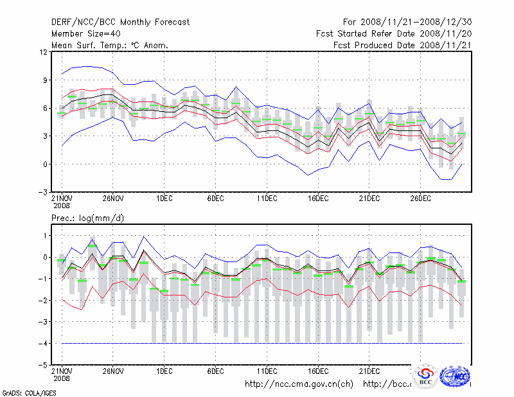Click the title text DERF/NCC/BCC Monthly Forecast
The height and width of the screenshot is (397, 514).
coord(120,22)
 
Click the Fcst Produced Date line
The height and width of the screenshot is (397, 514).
coord(403,45)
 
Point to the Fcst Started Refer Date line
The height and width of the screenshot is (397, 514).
coord(394,33)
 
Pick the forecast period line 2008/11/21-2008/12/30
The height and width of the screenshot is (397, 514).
coord(407,22)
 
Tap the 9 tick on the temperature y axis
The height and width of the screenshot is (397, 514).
coord(44,80)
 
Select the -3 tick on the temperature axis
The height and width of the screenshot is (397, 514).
coord(42,192)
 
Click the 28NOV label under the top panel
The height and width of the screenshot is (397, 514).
coord(113,199)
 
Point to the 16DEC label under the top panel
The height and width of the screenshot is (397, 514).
coord(318,199)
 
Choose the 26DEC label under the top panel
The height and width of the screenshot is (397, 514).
coord(420,199)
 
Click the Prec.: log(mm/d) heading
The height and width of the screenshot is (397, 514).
coord(87,218)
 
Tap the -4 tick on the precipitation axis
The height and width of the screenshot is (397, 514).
coord(42,344)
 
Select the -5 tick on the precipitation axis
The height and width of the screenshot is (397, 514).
coord(42,365)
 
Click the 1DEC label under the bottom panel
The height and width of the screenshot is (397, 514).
coord(164,371)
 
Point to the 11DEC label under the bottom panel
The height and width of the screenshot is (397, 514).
coord(267,371)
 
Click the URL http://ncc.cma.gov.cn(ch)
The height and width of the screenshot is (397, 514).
coord(299,384)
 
